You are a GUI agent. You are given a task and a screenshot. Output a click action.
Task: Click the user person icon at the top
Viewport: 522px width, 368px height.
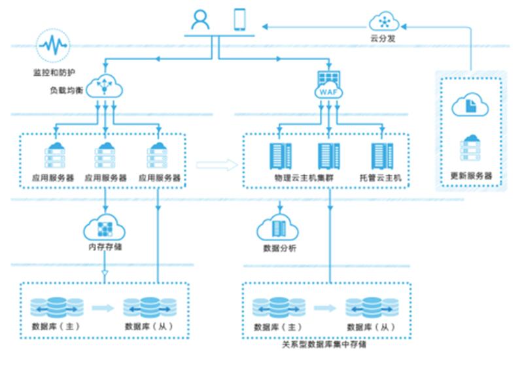(x=200, y=20)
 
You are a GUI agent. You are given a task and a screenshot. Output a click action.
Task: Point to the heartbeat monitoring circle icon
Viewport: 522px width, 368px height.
(x=52, y=46)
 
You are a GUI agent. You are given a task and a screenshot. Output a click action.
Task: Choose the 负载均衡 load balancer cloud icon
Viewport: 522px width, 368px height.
(x=105, y=85)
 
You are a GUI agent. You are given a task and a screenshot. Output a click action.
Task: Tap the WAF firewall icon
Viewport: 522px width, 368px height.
(x=328, y=86)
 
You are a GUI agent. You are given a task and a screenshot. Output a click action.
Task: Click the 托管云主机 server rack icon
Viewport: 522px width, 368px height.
(x=381, y=156)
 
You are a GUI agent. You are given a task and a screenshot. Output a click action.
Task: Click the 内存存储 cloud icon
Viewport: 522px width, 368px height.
(x=105, y=228)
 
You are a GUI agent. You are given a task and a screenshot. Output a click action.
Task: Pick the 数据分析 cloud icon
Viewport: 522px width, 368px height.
(x=279, y=229)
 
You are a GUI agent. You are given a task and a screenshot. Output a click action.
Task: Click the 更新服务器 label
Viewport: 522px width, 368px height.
(x=471, y=176)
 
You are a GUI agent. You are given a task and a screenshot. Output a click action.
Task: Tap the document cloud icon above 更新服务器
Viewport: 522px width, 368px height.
(x=470, y=105)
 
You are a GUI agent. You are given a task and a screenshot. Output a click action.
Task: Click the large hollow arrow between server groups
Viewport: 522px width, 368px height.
(x=217, y=165)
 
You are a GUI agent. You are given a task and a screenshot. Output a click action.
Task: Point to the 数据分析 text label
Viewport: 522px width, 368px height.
(x=279, y=249)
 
